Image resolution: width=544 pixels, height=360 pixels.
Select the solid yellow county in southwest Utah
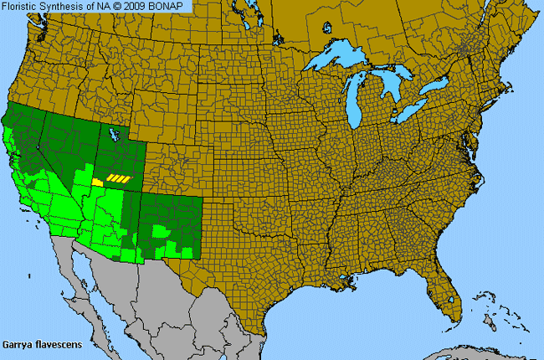click(x=98, y=181)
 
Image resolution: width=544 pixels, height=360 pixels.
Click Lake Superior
click(x=339, y=64)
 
